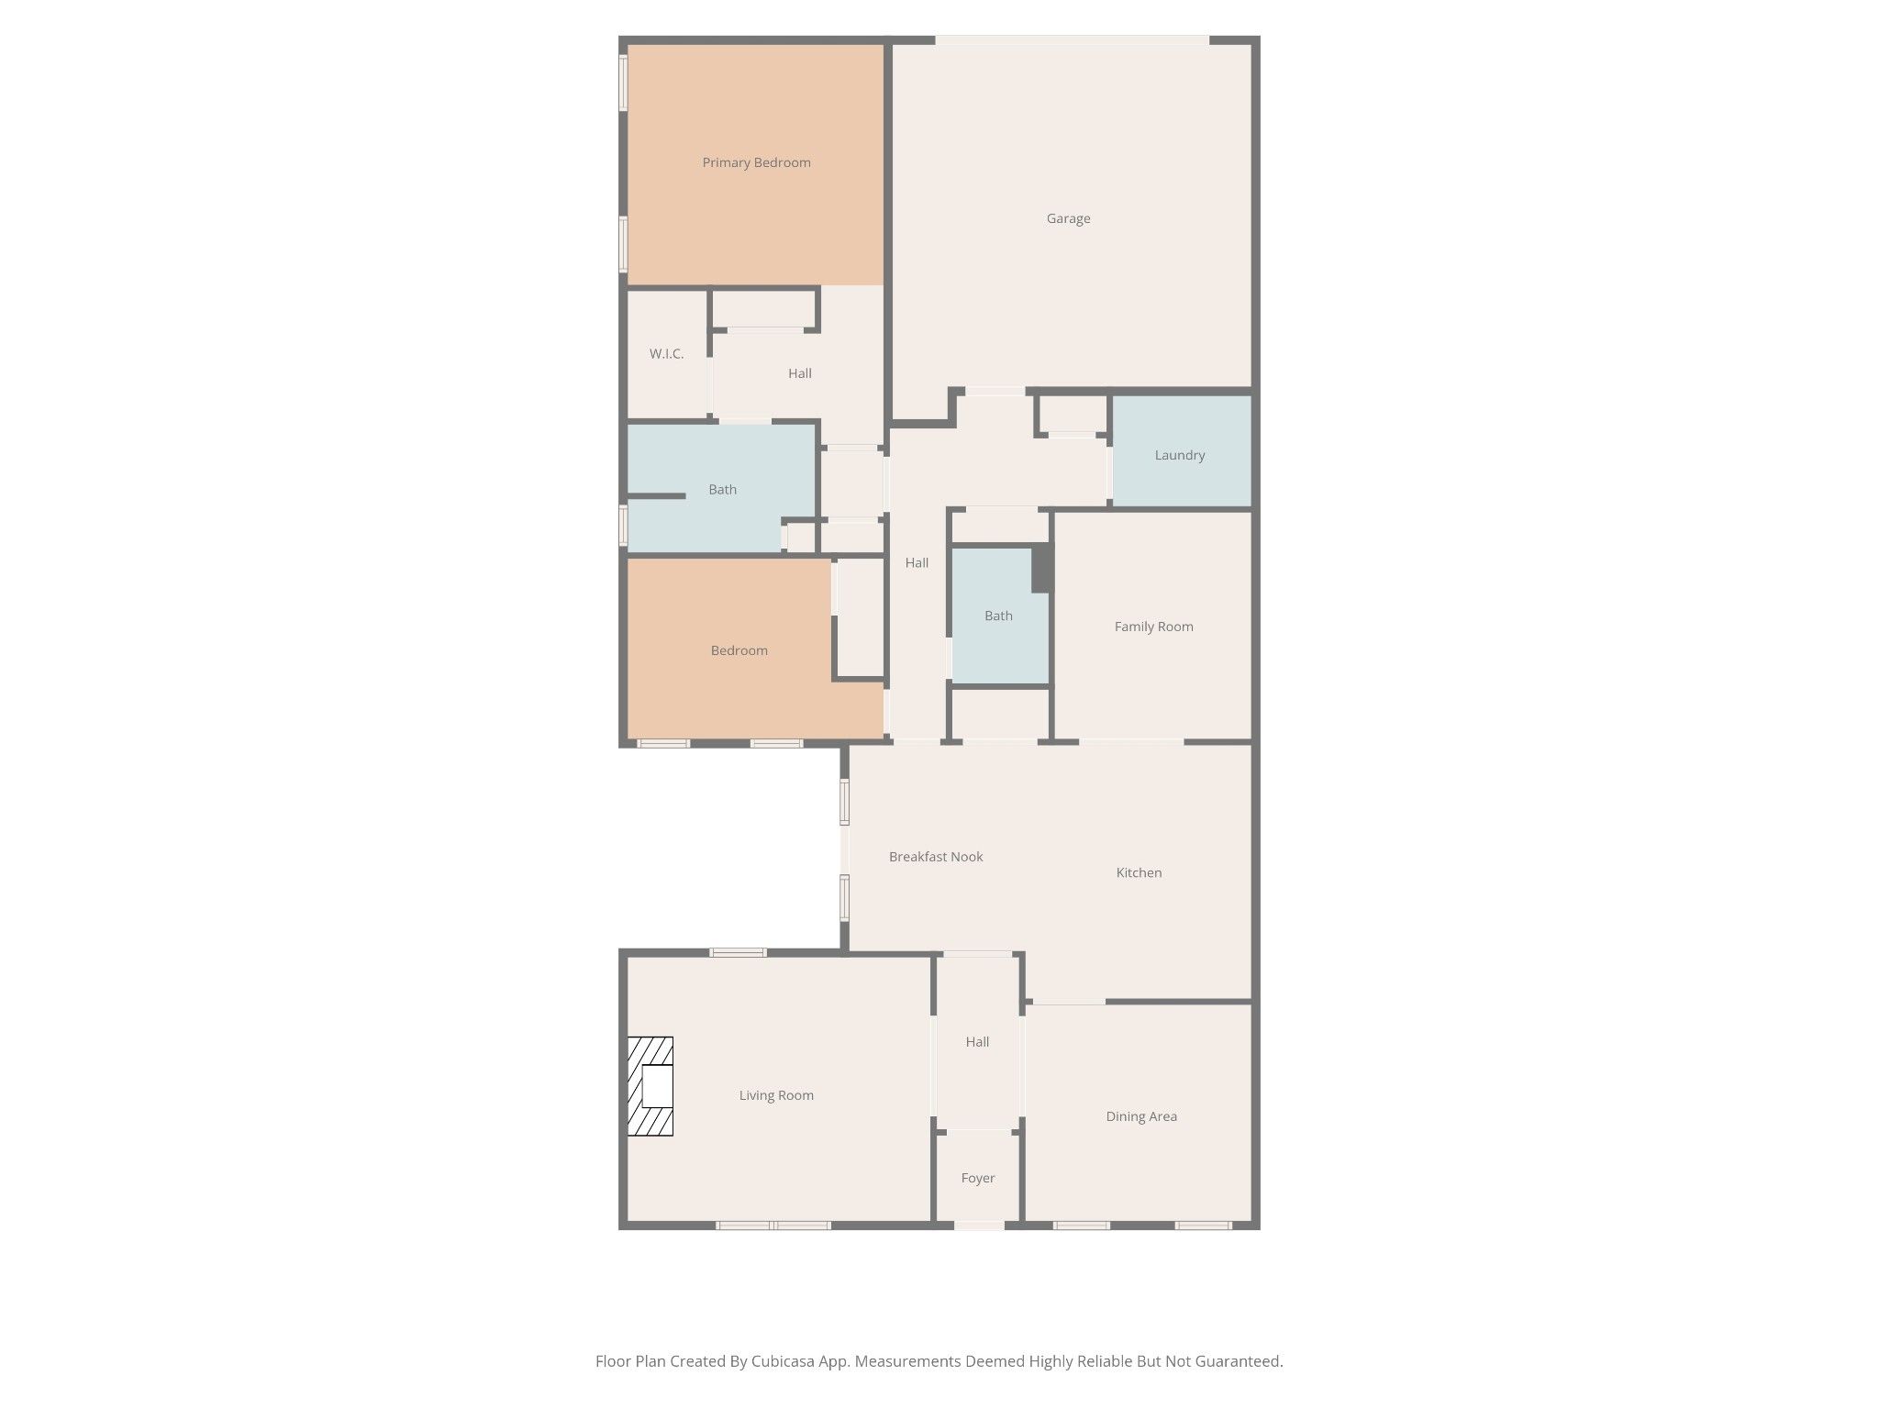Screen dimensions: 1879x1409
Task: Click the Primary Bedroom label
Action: pos(756,162)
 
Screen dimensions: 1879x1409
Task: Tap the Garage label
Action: pos(1068,218)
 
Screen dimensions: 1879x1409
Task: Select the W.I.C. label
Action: pos(666,353)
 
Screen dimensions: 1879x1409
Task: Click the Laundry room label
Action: pos(1179,455)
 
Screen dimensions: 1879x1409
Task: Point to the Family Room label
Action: pos(1153,627)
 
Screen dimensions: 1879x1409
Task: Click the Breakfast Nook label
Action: pos(936,857)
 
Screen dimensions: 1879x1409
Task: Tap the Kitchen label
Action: pos(1139,872)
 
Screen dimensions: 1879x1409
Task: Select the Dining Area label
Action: pos(1141,1116)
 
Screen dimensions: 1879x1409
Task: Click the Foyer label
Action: pos(978,1178)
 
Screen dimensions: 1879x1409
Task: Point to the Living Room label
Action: pos(776,1095)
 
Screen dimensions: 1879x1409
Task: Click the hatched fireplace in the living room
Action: pos(650,1086)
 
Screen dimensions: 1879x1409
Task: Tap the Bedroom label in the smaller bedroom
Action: pos(739,650)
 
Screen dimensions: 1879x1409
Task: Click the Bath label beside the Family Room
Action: pos(998,616)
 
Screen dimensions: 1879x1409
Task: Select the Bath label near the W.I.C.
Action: pos(722,490)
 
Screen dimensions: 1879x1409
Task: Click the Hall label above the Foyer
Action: pos(977,1042)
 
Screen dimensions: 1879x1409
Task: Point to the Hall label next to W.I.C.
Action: pos(799,373)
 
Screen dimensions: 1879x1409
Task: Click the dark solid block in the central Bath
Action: pos(1041,569)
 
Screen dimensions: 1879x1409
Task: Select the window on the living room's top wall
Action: pos(738,952)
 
